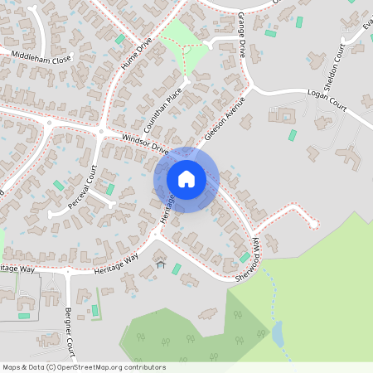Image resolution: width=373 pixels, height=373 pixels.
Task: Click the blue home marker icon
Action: tap(186, 179)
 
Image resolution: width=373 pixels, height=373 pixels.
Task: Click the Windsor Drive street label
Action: tap(144, 144)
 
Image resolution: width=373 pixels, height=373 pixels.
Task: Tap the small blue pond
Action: tap(277, 333)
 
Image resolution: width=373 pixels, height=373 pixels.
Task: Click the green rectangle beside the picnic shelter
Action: tap(176, 268)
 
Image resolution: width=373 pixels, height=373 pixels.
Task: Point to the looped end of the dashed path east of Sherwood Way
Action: tap(312, 220)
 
